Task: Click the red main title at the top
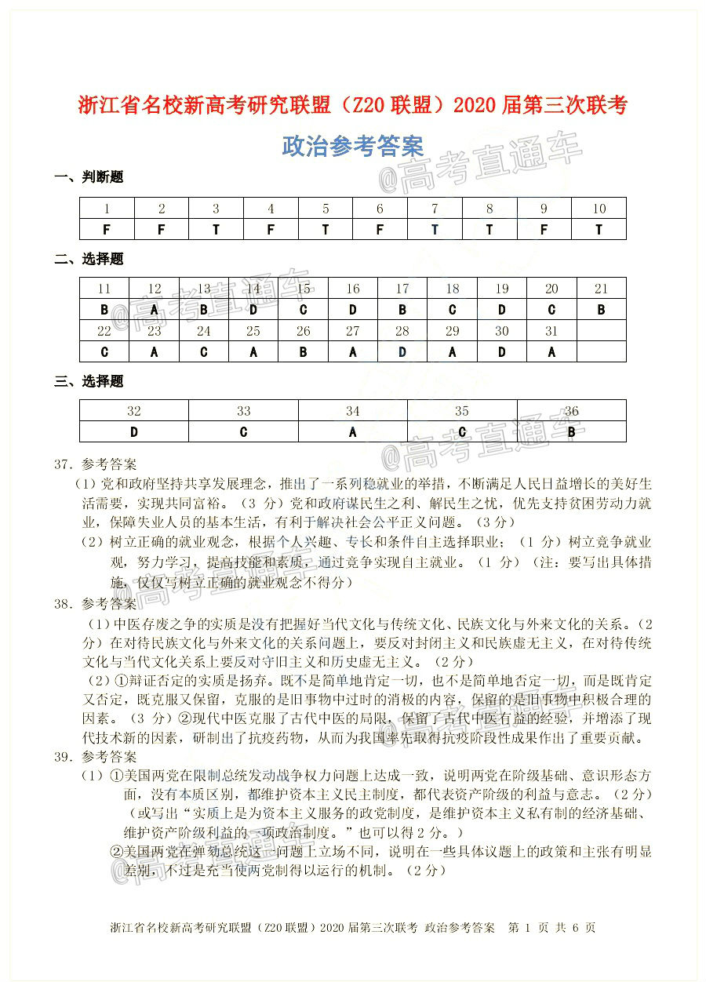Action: (x=353, y=105)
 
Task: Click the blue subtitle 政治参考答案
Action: (x=352, y=146)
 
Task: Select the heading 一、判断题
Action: (x=89, y=177)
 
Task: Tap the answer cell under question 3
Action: (x=216, y=229)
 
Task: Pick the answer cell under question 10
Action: (x=599, y=229)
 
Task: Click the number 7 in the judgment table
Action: (x=435, y=209)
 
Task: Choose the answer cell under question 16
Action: (x=353, y=309)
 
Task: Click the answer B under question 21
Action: (x=601, y=309)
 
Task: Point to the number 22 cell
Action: (x=104, y=331)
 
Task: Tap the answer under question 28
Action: (x=402, y=351)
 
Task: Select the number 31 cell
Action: (x=551, y=331)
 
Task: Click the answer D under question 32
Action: (x=134, y=431)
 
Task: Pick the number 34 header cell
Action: (x=353, y=411)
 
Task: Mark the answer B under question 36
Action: (x=571, y=431)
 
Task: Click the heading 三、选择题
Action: (x=89, y=382)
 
